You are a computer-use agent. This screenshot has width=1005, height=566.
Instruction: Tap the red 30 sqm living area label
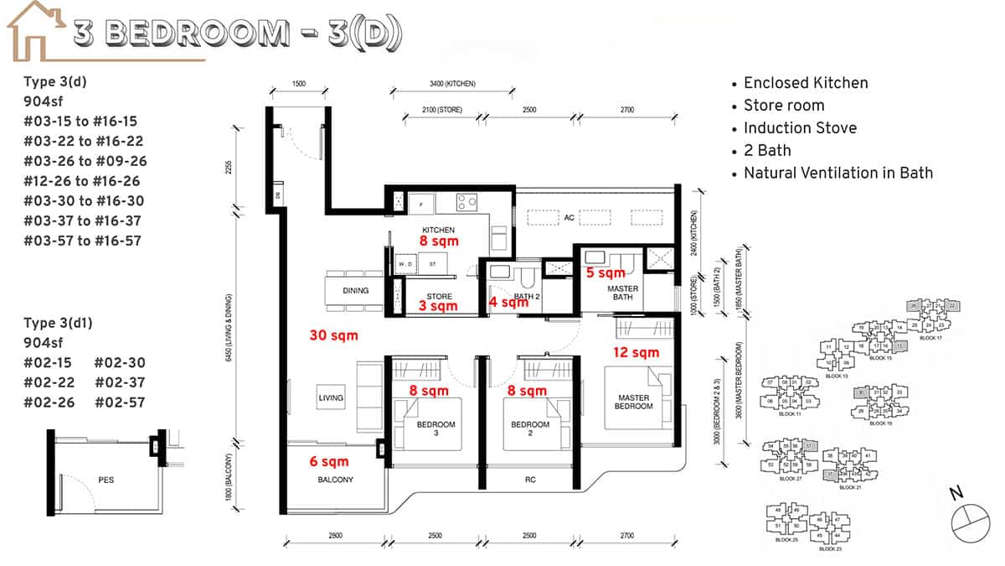point(333,335)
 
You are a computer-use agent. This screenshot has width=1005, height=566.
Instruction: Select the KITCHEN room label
point(438,229)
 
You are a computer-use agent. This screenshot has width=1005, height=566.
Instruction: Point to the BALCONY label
point(335,480)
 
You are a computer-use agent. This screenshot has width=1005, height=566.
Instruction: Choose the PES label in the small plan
point(106,480)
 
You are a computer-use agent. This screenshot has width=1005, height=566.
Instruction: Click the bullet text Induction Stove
point(800,128)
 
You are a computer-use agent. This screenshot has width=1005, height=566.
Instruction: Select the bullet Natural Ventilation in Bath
point(837,174)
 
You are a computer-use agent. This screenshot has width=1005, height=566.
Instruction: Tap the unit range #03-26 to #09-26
point(85,161)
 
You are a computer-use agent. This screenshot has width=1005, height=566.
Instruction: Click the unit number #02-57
point(120,402)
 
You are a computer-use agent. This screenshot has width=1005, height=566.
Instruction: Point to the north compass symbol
point(969,519)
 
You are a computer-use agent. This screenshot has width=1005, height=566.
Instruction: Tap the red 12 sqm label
point(636,352)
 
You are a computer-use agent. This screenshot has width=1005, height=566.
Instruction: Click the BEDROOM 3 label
point(436,429)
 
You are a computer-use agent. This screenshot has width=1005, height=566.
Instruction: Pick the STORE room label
point(439,296)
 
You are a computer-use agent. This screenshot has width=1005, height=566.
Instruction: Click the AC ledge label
point(569,217)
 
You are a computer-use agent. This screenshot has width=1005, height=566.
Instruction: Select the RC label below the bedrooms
point(530,480)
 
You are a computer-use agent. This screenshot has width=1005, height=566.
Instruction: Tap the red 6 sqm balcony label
point(329,460)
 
